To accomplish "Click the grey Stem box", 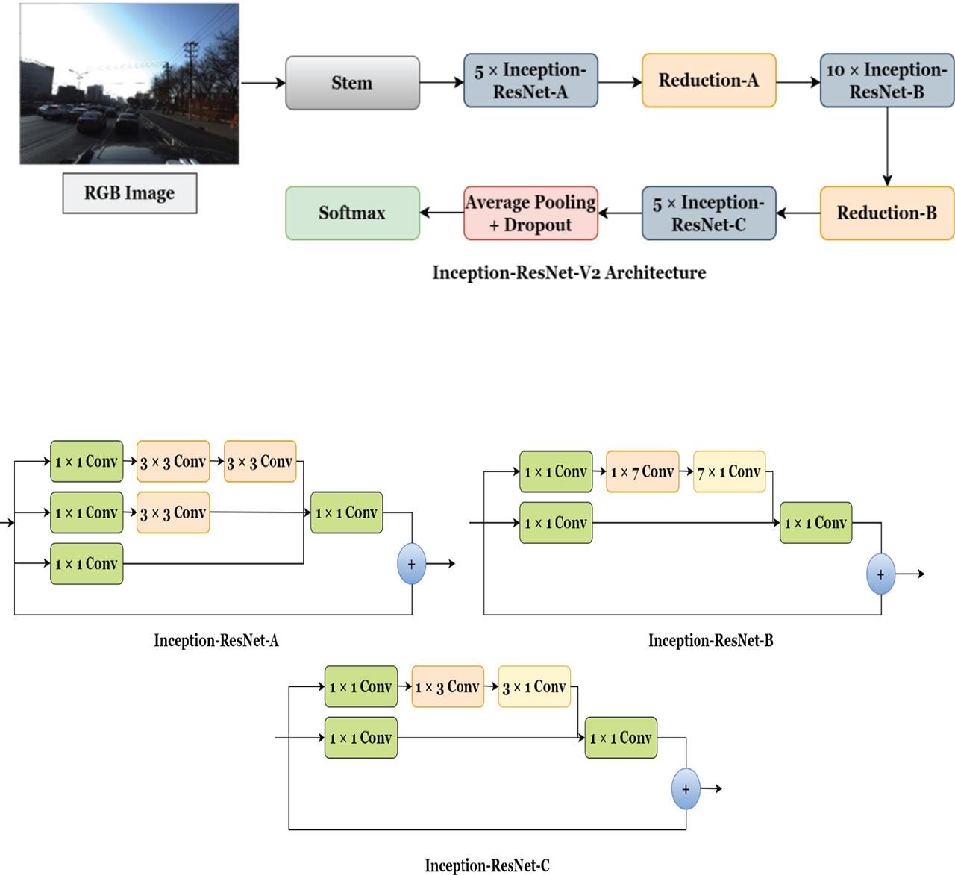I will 352,83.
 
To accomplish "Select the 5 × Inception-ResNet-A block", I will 530,81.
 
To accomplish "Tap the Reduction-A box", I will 709,81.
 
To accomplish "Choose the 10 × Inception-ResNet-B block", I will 886,81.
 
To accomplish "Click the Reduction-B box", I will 886,213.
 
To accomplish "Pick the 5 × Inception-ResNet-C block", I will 709,213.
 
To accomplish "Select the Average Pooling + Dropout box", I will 530,213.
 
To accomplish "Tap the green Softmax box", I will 352,213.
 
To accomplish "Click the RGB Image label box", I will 129,193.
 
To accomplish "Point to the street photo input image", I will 129,84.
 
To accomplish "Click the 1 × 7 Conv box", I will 642,472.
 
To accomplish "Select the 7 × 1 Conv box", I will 729,472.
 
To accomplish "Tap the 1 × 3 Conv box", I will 448,687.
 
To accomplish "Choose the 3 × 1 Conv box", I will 534,687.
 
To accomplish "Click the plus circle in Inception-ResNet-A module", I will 411,565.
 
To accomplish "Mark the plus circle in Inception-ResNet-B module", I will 880,574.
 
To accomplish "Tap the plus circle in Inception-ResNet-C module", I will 685,789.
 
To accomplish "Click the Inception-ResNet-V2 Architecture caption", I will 569,273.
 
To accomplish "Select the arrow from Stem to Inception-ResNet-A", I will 441,82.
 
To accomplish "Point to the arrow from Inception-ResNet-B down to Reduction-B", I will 886,146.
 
